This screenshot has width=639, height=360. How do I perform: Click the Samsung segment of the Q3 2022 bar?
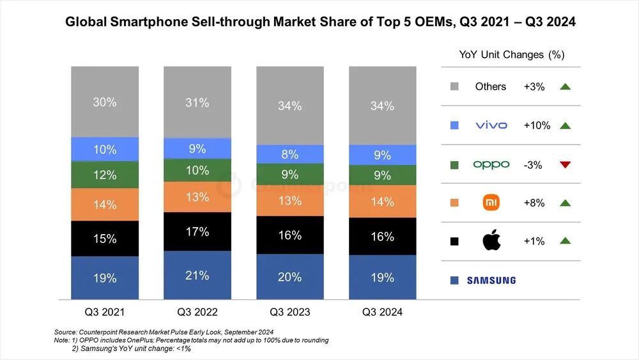pos(197,276)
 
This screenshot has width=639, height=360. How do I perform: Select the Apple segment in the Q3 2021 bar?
pos(104,239)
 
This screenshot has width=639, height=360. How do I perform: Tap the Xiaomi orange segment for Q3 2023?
pos(289,201)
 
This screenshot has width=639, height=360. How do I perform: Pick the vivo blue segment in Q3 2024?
pos(382,155)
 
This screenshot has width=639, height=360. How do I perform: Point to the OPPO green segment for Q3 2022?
pos(197,170)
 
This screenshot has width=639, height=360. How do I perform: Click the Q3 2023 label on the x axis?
pos(289,312)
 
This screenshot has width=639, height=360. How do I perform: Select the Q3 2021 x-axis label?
pos(104,312)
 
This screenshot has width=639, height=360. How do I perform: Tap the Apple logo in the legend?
pos(491,241)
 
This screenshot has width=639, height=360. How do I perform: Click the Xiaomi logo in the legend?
pos(491,203)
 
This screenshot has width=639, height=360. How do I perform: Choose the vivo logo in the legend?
pos(491,125)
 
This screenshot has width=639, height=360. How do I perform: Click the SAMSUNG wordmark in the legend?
pos(491,280)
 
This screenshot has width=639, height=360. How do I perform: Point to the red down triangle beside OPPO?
pos(564,164)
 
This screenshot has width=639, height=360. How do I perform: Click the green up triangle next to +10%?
pos(564,125)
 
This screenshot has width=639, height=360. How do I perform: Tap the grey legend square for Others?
pos(454,86)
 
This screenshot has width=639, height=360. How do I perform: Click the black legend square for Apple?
pos(454,241)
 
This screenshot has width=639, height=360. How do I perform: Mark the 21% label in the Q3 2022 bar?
pos(197,276)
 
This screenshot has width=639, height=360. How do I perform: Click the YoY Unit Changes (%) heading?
pos(511,54)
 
